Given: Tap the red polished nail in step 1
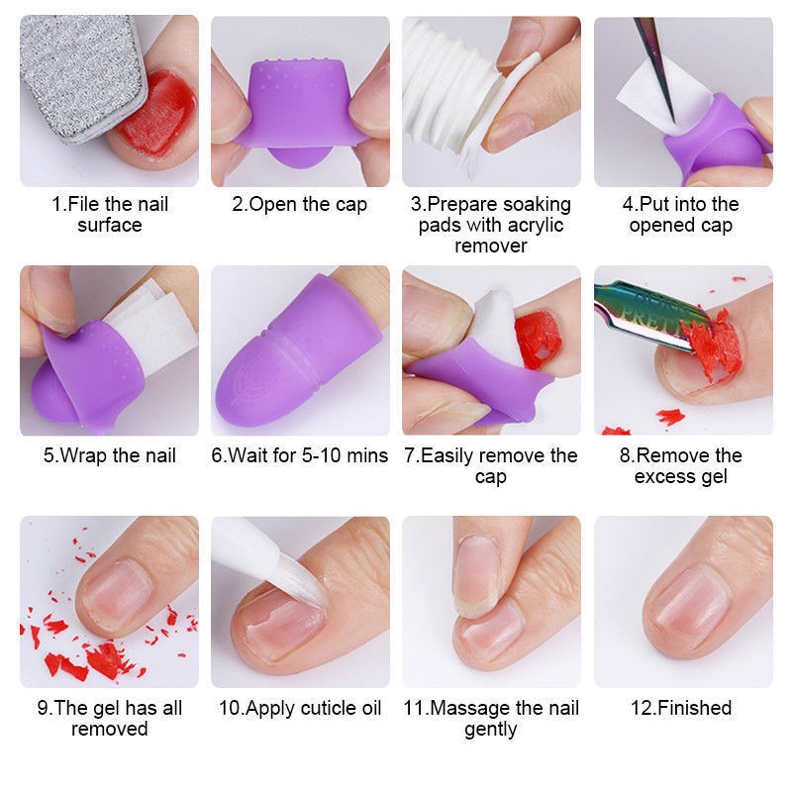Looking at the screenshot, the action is (x=159, y=115).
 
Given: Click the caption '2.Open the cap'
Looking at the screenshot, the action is (x=300, y=205).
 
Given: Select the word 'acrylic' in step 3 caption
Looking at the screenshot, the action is (x=536, y=226).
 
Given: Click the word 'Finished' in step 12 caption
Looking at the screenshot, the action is (x=695, y=708).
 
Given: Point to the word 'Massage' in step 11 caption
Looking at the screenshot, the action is (x=467, y=708).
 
